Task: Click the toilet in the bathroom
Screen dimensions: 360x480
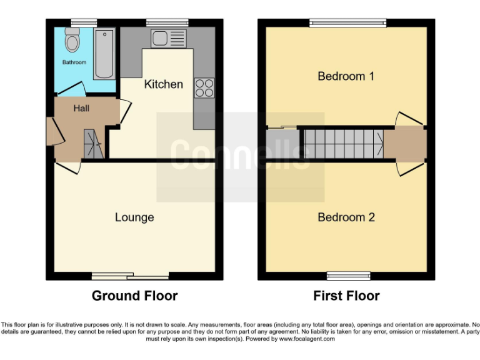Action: point(72,41)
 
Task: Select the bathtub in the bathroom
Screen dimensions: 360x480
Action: point(104,53)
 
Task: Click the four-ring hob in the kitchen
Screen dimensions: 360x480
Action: point(204,87)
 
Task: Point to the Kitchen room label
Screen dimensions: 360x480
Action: point(164,84)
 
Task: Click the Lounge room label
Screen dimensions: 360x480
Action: point(134,217)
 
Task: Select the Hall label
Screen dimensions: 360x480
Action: point(81,109)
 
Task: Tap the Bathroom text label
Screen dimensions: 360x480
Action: point(74,62)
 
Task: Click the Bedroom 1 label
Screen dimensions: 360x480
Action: point(346,76)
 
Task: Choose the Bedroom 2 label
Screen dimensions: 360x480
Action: point(346,217)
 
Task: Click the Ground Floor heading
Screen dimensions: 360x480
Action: point(134,296)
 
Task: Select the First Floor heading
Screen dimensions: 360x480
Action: point(346,296)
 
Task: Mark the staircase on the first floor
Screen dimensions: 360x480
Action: point(343,143)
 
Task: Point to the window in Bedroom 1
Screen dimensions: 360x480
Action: point(347,23)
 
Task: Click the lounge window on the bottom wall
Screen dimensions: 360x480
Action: point(130,276)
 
